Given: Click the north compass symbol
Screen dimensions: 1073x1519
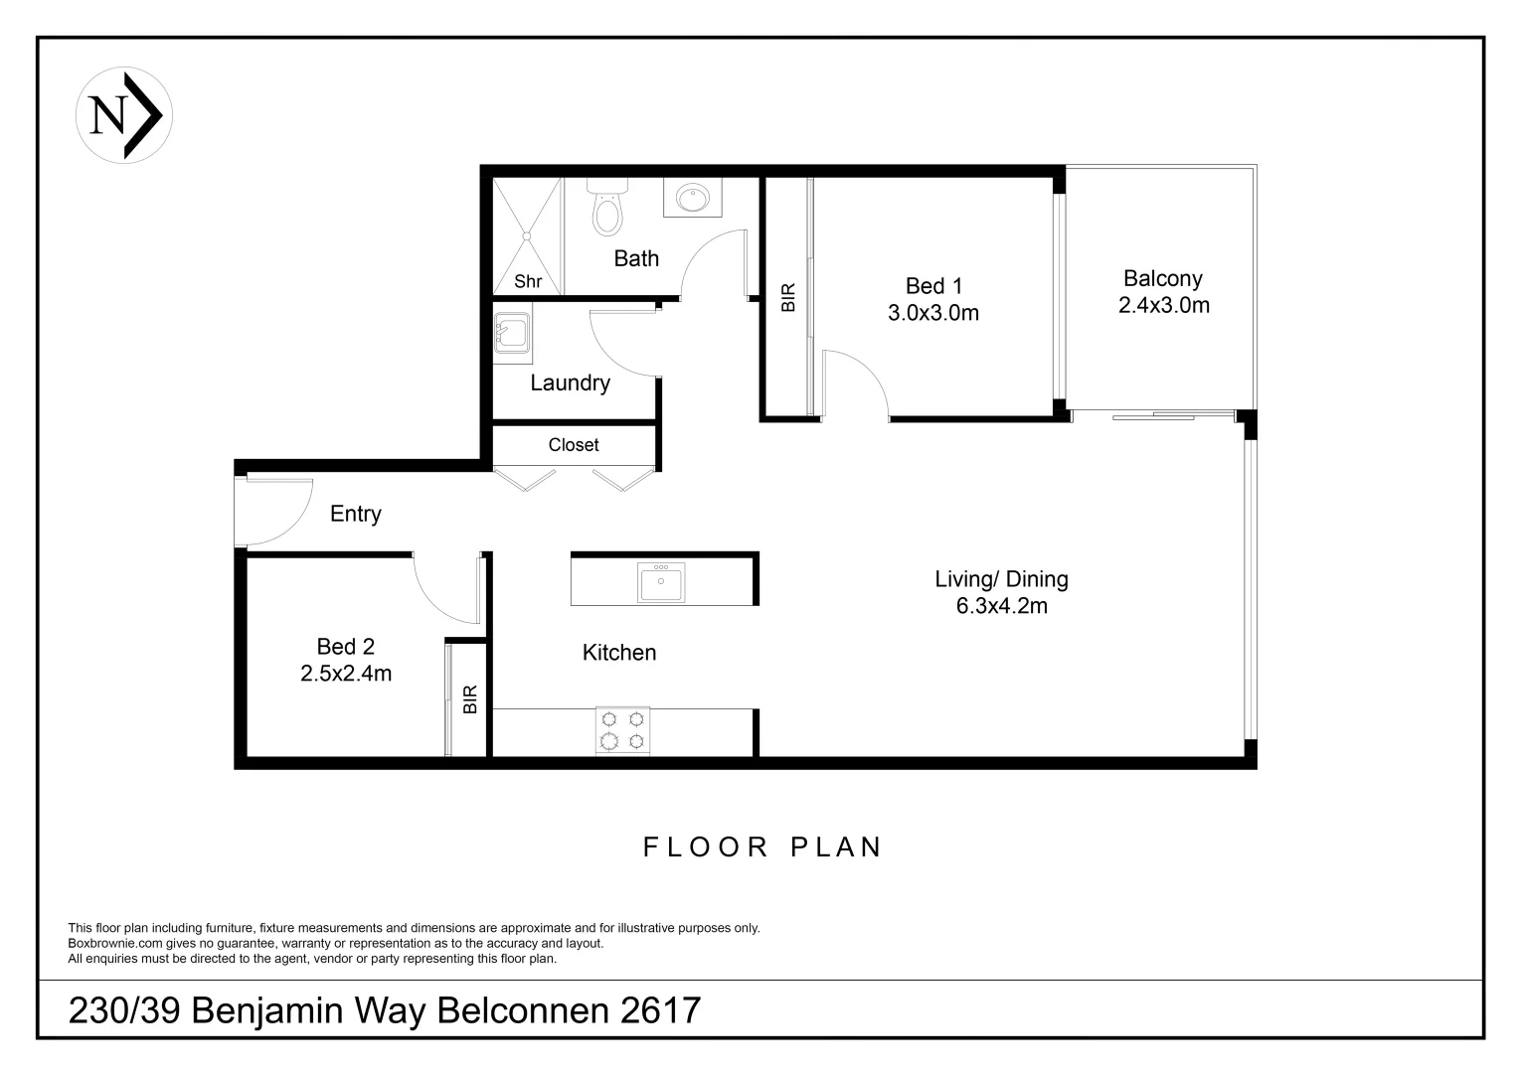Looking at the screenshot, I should pyautogui.click(x=124, y=114).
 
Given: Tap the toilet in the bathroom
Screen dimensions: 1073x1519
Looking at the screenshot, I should pyautogui.click(x=605, y=208).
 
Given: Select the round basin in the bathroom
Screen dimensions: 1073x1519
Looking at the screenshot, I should pyautogui.click(x=692, y=199).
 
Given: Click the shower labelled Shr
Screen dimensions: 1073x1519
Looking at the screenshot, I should pyautogui.click(x=528, y=236).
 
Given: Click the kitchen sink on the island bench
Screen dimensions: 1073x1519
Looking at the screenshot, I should pyautogui.click(x=661, y=582).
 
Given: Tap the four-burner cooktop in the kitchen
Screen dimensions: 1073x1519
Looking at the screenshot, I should pyautogui.click(x=622, y=730).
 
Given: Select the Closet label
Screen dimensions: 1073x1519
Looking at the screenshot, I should pyautogui.click(x=574, y=445).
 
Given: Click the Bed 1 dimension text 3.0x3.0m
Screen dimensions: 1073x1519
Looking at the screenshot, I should pyautogui.click(x=932, y=313).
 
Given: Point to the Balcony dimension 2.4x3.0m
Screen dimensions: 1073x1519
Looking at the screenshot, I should pyautogui.click(x=1163, y=305).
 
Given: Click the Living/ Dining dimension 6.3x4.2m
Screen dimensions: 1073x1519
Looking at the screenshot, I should pyautogui.click(x=1001, y=606).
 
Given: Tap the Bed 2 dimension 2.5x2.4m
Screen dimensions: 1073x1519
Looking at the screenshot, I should pyautogui.click(x=346, y=674).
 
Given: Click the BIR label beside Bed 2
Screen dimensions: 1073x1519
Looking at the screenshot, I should pyautogui.click(x=470, y=699).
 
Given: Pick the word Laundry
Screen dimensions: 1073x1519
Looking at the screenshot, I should pyautogui.click(x=570, y=383).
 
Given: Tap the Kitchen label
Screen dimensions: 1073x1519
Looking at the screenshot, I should pyautogui.click(x=618, y=653).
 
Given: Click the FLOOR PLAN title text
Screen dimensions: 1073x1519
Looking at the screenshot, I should pyautogui.click(x=762, y=847).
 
